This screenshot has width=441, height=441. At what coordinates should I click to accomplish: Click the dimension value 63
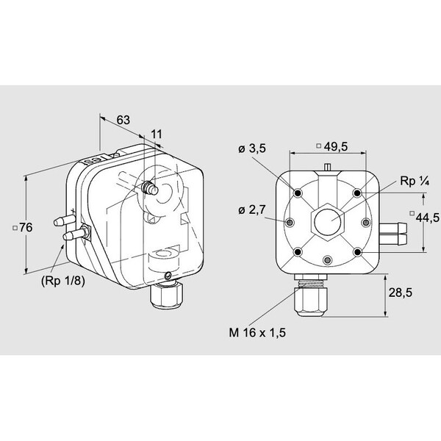(x=123, y=120)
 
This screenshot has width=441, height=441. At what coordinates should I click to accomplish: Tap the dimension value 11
(x=157, y=135)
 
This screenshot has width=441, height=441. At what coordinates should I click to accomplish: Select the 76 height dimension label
(x=23, y=228)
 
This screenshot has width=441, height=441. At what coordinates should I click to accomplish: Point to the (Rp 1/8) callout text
(x=63, y=281)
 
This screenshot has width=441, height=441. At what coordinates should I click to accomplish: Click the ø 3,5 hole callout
(x=252, y=148)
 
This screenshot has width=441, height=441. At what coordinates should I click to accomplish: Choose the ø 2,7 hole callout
(x=252, y=209)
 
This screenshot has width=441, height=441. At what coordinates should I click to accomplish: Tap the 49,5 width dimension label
(x=332, y=146)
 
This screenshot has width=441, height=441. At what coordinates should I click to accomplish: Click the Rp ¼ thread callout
(x=415, y=182)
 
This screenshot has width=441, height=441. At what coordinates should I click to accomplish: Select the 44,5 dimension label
(x=424, y=217)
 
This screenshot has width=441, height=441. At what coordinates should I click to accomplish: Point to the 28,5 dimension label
(x=401, y=293)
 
